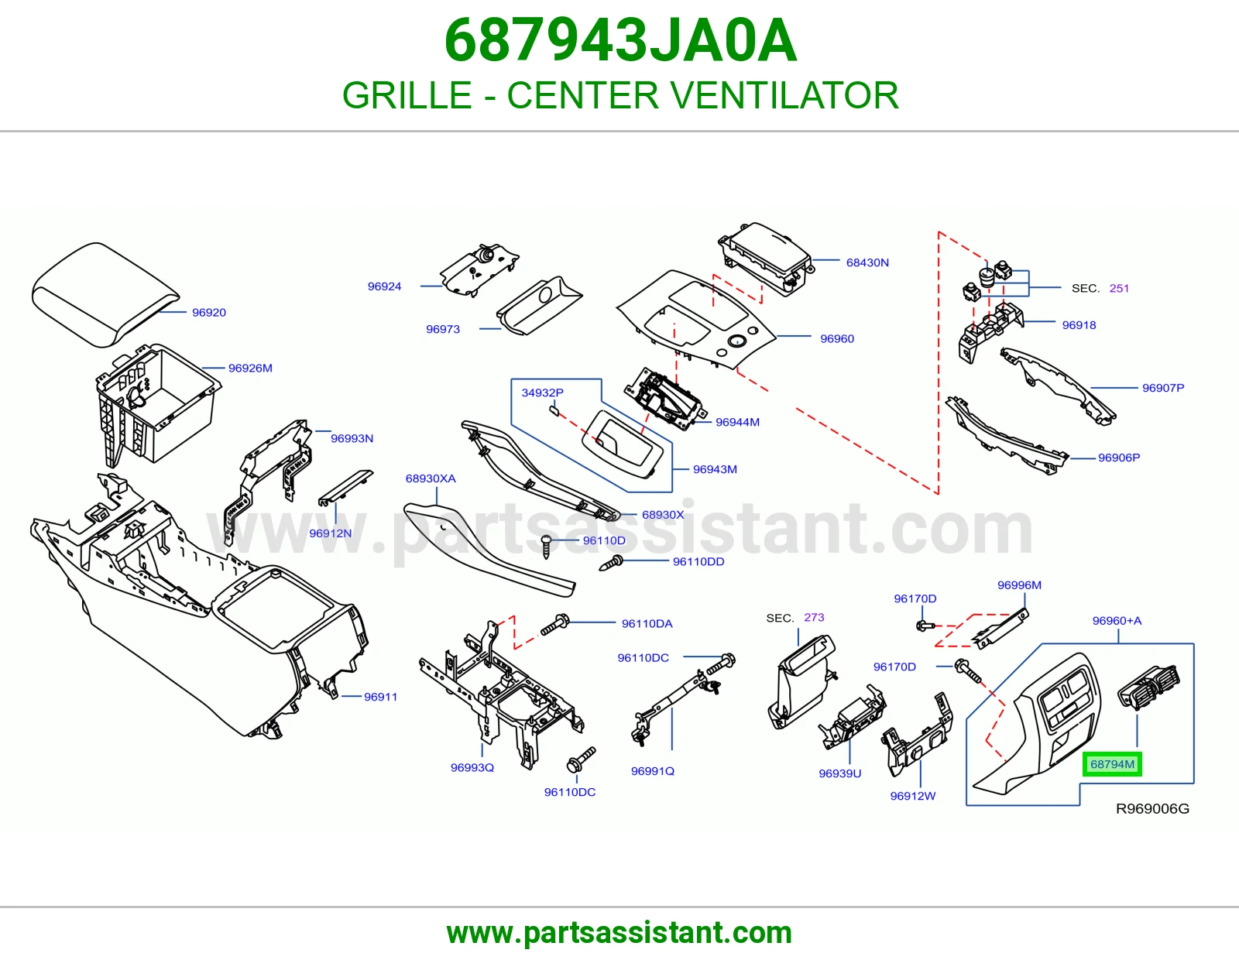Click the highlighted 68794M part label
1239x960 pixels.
point(1112,764)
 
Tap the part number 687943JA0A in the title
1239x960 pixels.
point(620,41)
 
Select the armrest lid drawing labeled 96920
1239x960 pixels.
point(105,294)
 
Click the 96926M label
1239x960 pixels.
point(250,369)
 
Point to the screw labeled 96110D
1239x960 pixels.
point(546,546)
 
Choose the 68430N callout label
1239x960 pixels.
point(867,262)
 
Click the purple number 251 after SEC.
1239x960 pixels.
point(1119,289)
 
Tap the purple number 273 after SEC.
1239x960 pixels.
point(814,617)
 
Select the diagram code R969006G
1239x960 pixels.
point(1152,808)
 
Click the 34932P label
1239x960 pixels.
point(542,393)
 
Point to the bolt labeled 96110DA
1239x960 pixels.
point(554,626)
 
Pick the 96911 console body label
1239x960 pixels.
point(380,697)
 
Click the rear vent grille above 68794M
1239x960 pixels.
point(1148,687)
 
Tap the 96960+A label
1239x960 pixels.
point(1117,621)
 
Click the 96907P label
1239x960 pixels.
point(1162,388)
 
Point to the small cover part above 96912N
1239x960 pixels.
point(345,488)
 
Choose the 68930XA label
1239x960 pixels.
point(431,479)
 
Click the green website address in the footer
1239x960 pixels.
point(619,933)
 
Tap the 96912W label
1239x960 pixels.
point(913,797)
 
